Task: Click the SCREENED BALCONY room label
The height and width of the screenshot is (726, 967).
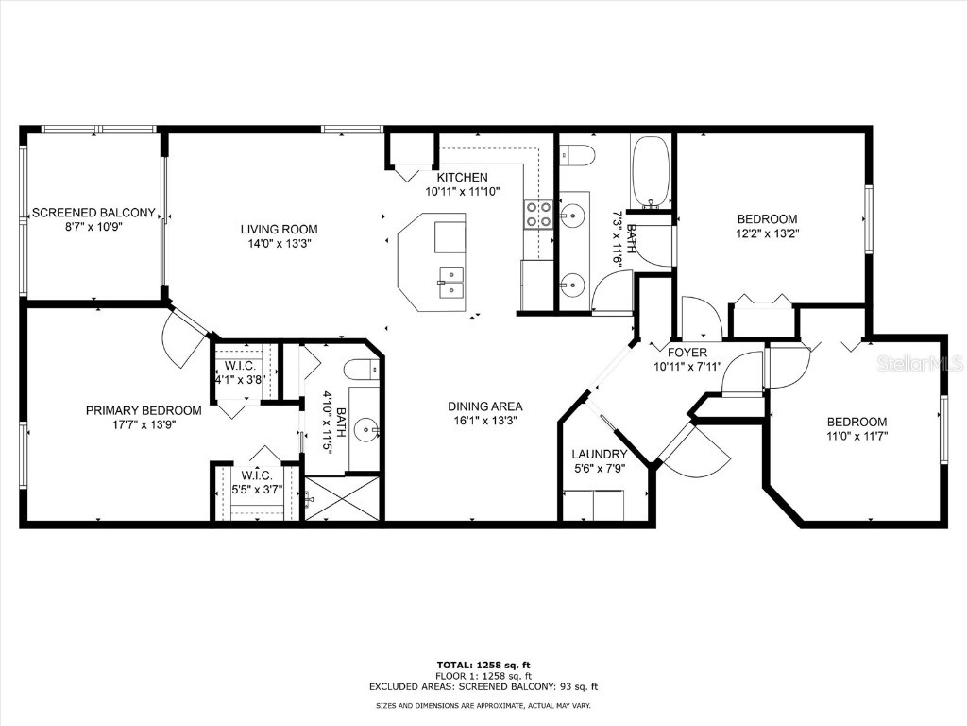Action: click(x=93, y=213)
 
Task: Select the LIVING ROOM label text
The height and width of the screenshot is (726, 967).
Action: click(x=279, y=229)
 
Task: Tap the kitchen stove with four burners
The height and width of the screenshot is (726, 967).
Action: click(x=538, y=215)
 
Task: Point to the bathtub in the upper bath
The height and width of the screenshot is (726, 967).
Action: click(x=651, y=172)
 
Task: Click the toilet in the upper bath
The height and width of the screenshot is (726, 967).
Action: click(x=575, y=153)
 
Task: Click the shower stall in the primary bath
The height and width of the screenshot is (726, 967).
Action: click(x=342, y=498)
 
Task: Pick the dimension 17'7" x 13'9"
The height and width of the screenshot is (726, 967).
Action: click(x=144, y=424)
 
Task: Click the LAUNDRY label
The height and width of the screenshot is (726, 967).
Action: click(x=599, y=454)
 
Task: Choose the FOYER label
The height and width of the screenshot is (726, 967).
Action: click(x=687, y=352)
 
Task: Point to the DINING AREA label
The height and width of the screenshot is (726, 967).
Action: click(x=484, y=406)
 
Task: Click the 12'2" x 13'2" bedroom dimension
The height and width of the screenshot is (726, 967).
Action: click(x=767, y=233)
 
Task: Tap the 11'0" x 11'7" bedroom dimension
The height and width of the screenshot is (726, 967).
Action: click(x=857, y=436)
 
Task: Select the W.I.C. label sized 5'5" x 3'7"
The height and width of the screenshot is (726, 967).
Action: click(x=257, y=475)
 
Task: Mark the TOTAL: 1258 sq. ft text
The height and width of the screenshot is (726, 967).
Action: click(x=483, y=665)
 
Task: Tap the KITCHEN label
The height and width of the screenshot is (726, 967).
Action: click(x=462, y=177)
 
